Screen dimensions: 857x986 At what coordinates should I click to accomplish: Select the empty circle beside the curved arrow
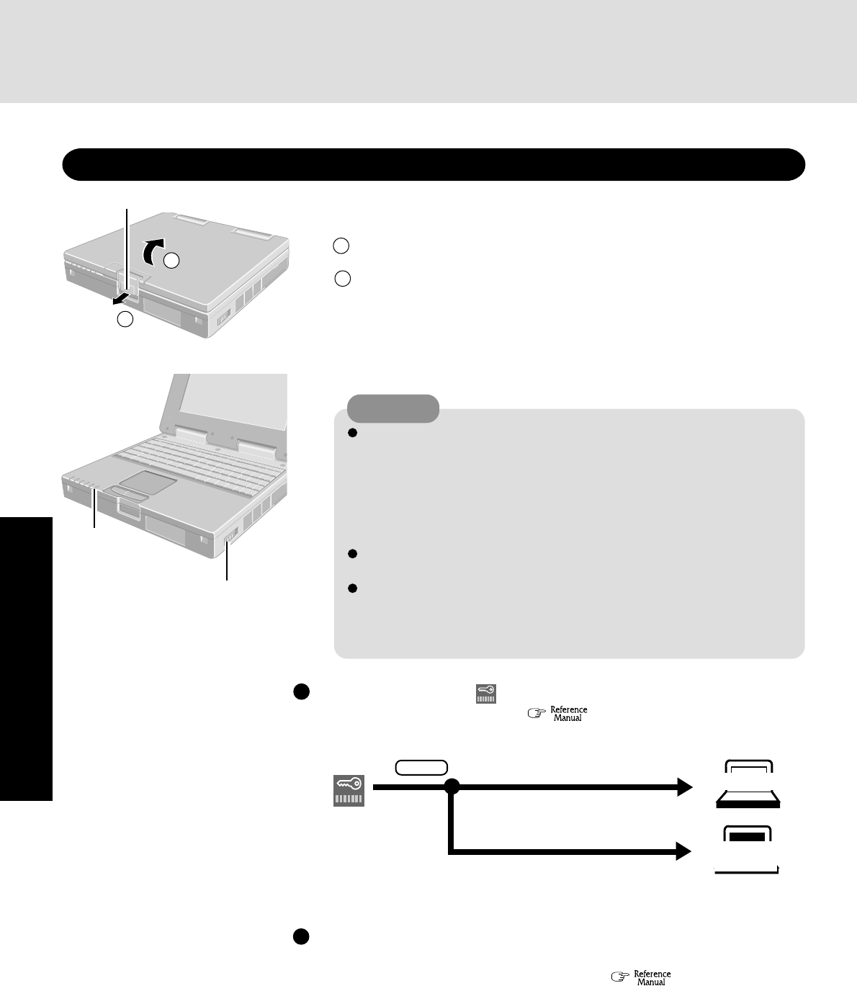tap(171, 261)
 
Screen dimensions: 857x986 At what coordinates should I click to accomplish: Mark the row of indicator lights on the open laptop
tap(84, 483)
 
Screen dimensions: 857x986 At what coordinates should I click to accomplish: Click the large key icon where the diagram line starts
tap(349, 790)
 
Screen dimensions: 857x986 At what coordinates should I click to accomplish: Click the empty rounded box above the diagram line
tap(421, 768)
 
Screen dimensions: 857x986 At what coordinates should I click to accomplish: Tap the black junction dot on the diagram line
tap(452, 788)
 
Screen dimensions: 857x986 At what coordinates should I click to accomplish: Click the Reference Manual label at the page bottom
tap(652, 977)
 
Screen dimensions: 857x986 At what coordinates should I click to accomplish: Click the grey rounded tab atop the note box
tap(393, 408)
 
